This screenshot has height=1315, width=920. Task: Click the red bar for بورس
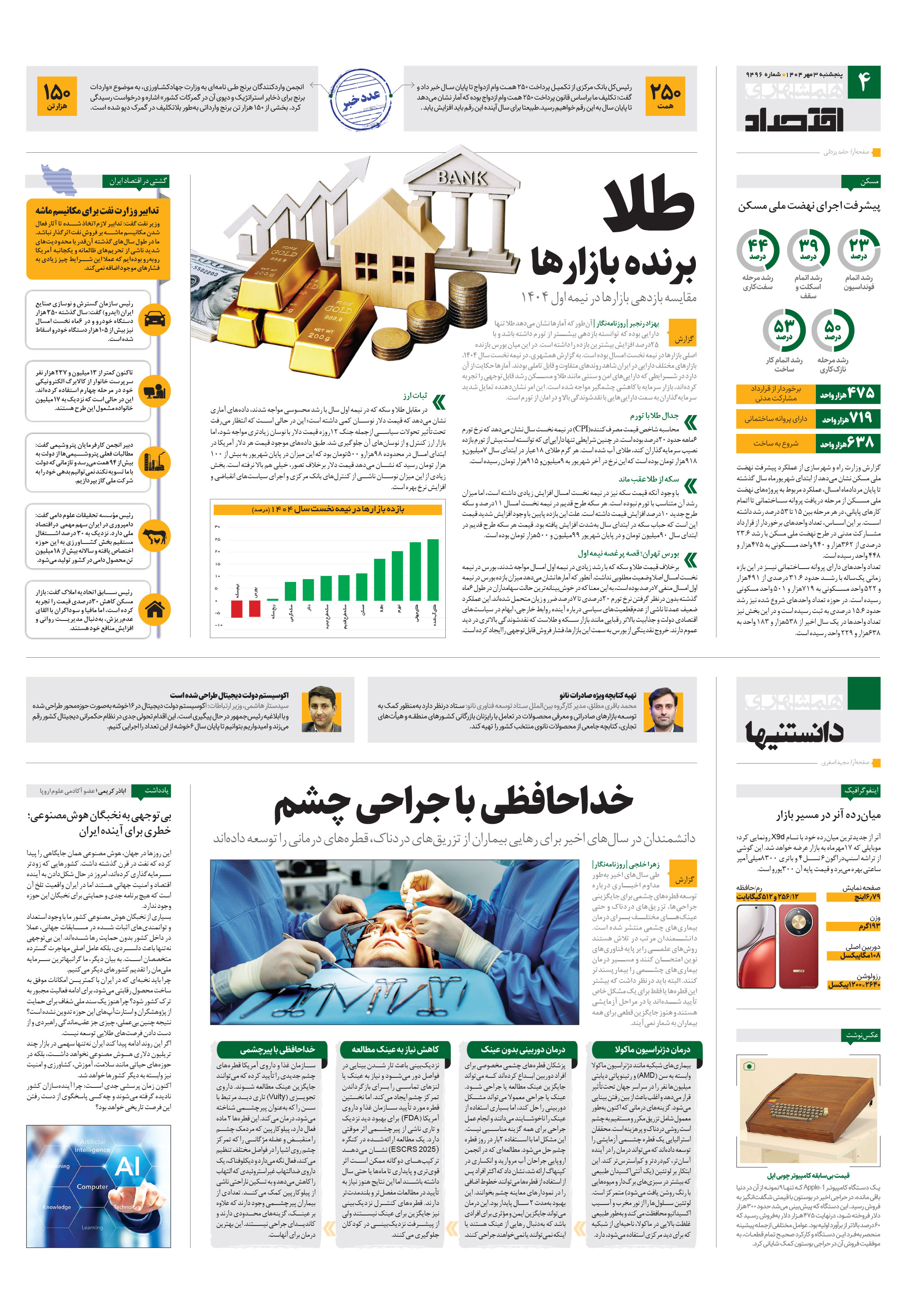255,608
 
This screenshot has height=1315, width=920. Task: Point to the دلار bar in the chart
308,590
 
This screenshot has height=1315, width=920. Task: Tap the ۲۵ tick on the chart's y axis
217,539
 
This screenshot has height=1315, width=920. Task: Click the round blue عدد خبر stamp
361,98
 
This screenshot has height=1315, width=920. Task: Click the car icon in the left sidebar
155,319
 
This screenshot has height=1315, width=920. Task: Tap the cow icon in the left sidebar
155,536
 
